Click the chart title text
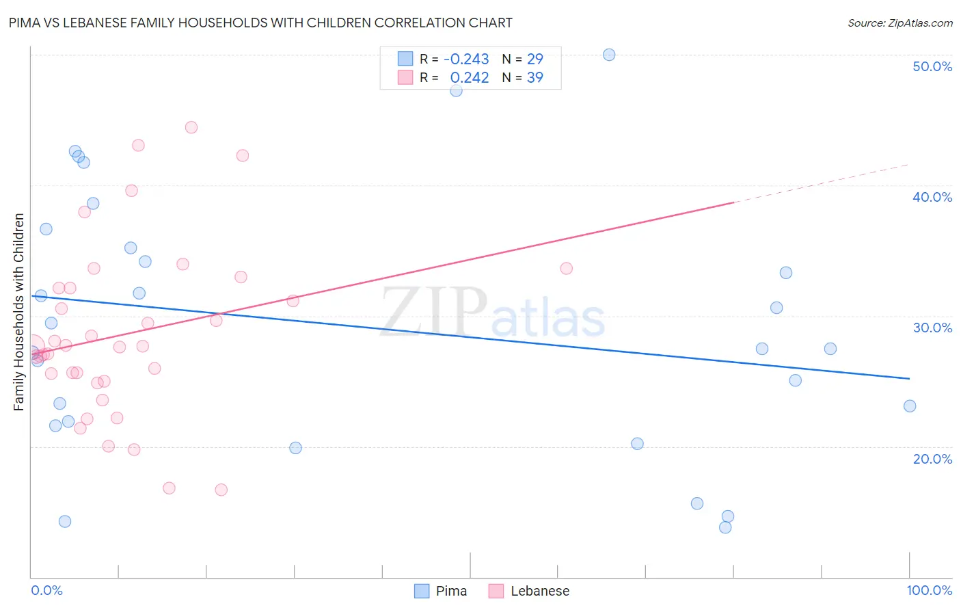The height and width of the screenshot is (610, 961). (260, 23)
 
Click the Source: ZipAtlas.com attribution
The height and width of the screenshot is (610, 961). (899, 23)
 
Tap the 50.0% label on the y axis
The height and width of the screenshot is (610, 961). (932, 66)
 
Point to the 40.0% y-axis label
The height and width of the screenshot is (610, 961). (932, 197)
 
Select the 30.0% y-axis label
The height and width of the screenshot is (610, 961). (932, 328)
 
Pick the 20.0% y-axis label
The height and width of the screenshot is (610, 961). (932, 459)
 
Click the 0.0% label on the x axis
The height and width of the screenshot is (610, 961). (46, 590)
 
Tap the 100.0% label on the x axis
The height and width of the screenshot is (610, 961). (929, 590)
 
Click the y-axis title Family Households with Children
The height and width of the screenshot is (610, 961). (19, 312)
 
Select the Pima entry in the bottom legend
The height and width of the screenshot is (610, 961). (441, 591)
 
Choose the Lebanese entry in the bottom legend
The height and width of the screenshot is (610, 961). (529, 591)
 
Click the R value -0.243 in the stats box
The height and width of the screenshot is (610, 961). (466, 59)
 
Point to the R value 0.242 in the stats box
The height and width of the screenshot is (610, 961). (470, 78)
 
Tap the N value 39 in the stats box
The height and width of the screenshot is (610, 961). (534, 78)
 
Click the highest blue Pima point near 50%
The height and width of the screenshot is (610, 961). (609, 55)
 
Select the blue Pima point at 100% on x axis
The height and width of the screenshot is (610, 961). (910, 406)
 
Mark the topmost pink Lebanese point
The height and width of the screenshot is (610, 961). (191, 127)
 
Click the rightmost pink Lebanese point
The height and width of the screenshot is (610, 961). (566, 268)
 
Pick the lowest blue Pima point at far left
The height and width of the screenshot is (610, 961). (65, 521)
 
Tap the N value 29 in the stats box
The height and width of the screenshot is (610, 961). (534, 59)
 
